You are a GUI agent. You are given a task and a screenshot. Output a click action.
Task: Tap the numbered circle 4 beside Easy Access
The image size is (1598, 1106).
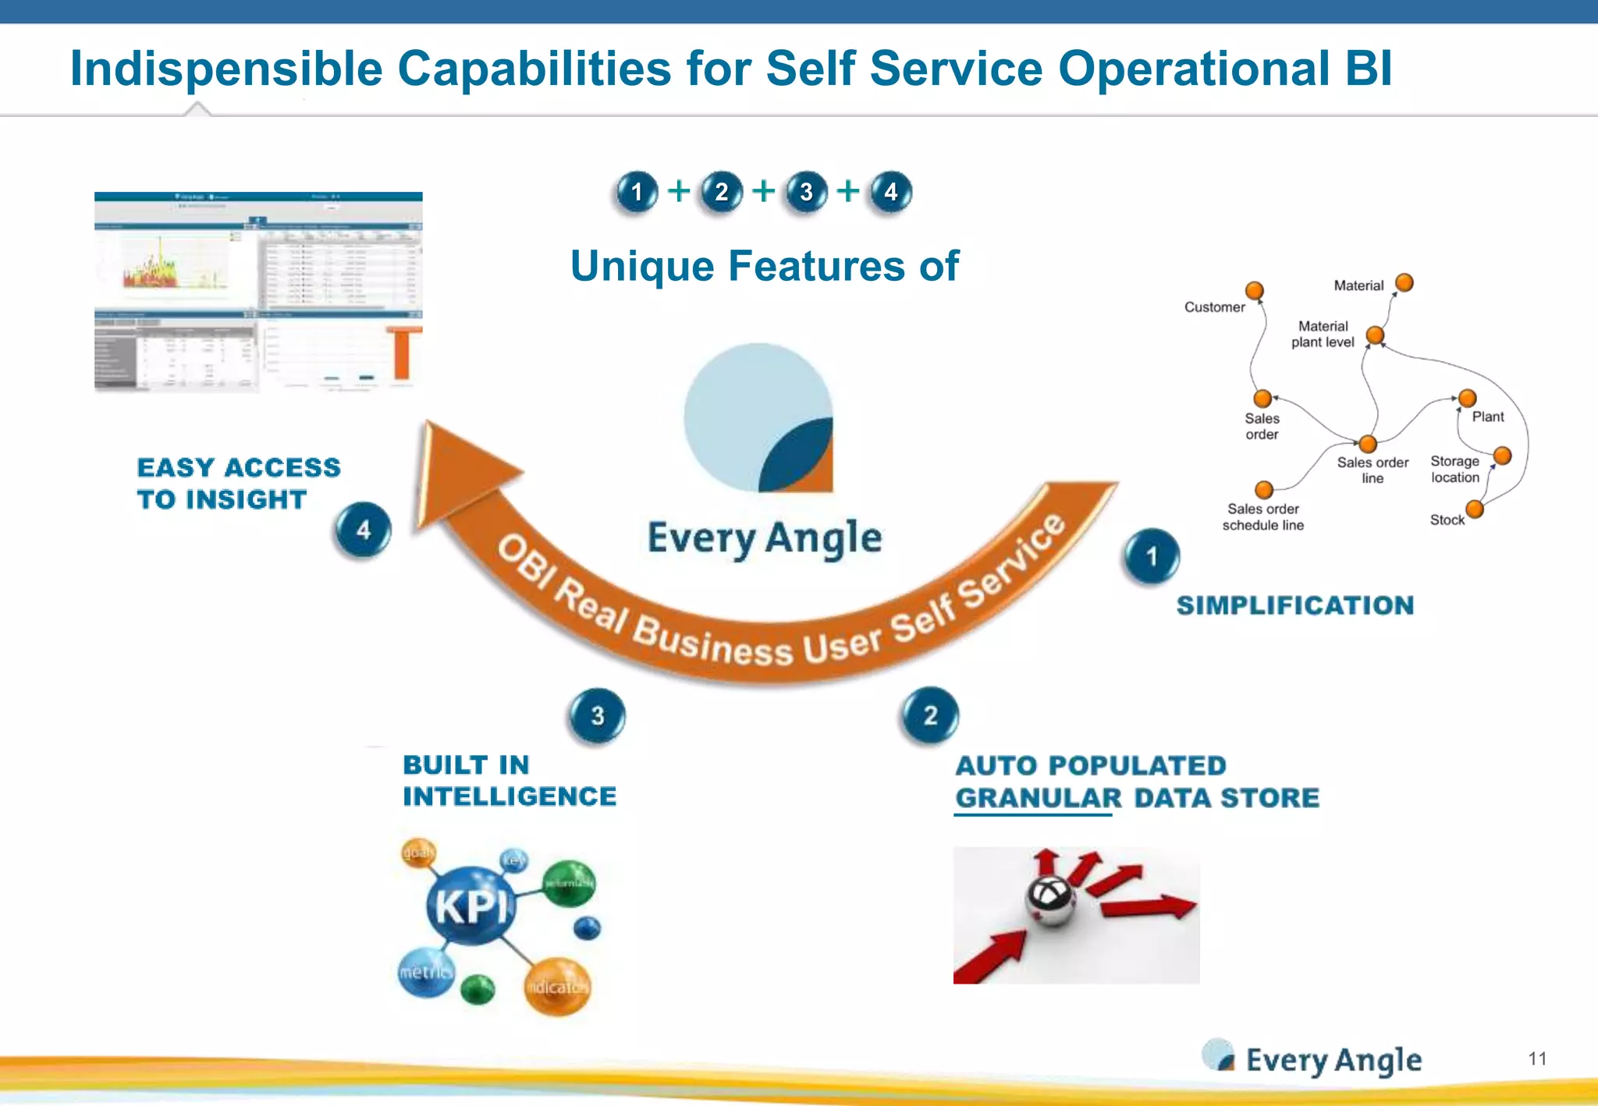363,530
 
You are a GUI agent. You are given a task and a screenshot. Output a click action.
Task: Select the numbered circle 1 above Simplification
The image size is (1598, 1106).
1152,556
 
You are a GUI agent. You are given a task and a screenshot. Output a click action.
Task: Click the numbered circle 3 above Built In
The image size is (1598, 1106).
597,715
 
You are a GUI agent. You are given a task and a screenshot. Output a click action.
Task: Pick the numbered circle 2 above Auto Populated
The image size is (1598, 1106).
930,715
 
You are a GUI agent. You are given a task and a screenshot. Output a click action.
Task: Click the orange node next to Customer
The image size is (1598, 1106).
1254,291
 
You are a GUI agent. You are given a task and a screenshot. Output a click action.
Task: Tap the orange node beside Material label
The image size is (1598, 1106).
1404,282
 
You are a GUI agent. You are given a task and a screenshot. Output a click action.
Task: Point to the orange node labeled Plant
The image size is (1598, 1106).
1467,399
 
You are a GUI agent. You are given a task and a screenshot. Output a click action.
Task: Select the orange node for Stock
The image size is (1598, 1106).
1474,509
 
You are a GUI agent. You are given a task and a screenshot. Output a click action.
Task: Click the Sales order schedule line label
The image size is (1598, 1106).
1262,517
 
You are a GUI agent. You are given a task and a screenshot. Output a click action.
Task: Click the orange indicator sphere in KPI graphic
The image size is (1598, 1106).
556,987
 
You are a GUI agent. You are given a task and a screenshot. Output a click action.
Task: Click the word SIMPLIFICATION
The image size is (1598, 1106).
1294,605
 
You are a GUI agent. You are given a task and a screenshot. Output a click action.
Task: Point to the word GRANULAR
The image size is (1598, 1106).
1039,798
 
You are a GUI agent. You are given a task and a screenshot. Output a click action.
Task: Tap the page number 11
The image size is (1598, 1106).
1537,1058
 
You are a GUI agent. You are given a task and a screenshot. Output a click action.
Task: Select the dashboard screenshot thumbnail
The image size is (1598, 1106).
258,291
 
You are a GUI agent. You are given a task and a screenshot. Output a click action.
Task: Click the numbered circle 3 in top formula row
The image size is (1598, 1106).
806,192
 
